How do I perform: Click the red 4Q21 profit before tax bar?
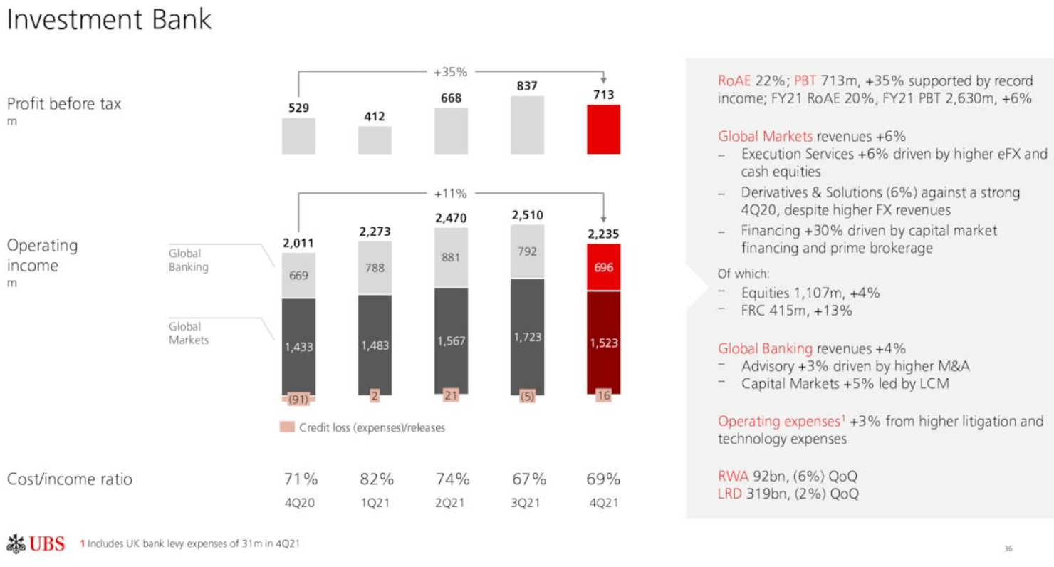coord(603,129)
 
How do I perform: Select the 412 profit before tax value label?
coord(375,115)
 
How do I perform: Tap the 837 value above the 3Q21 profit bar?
coord(527,85)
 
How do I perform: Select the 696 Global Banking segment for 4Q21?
coord(603,268)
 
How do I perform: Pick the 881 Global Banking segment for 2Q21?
coord(451,258)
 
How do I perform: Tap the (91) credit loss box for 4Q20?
coord(299,399)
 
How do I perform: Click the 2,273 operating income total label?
coord(375,232)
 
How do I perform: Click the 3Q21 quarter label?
coord(527,502)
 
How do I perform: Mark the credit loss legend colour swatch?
coord(286,427)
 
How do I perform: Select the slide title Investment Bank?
coord(109,20)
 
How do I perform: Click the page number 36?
coord(1008,548)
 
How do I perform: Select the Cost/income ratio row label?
coord(70,479)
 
